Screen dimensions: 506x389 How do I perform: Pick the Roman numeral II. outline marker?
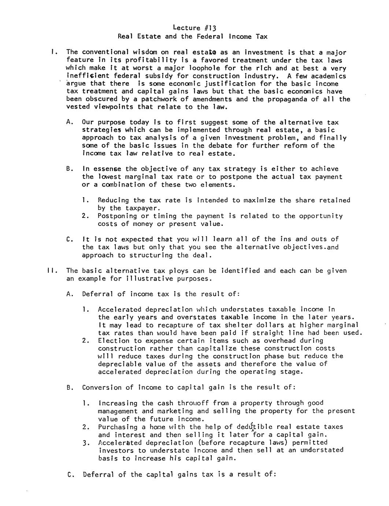[51, 271]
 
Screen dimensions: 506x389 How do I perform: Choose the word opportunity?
[321, 216]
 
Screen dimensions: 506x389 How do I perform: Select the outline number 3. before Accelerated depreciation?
[86, 443]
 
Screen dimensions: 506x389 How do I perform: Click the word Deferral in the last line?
[99, 474]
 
